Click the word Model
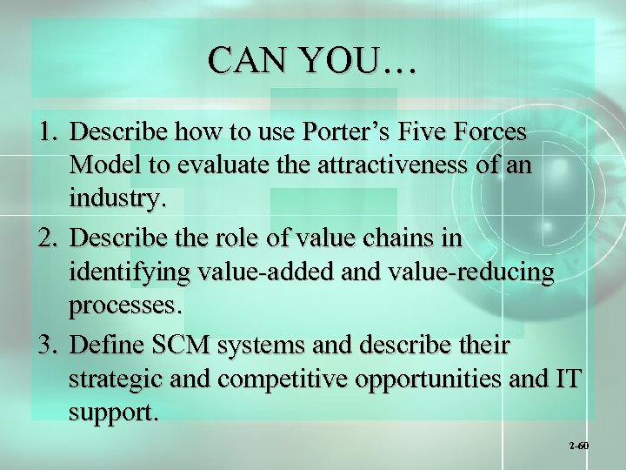[x=101, y=164]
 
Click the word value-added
[x=270, y=272]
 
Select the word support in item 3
[x=114, y=414]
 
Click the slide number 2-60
[x=579, y=446]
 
